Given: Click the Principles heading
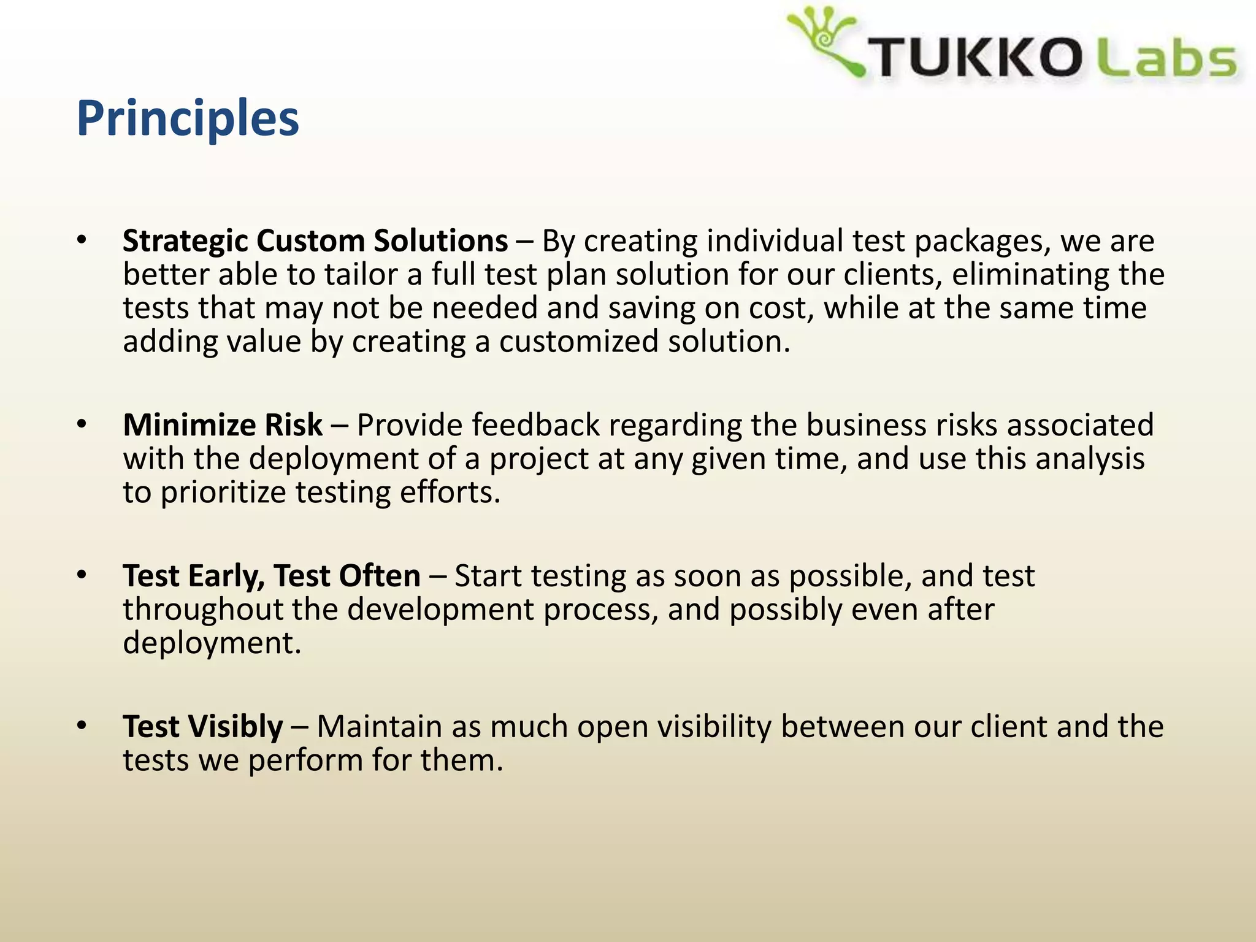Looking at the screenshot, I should [x=188, y=118].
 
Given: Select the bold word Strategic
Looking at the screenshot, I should [x=185, y=241].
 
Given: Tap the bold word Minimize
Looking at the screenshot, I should [x=188, y=425].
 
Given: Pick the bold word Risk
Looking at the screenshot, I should [x=293, y=425].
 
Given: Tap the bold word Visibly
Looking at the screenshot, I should [x=235, y=727].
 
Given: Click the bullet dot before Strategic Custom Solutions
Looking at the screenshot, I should [x=82, y=240].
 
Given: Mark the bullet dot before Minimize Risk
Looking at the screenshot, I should [x=82, y=424].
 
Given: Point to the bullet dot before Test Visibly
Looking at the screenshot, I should [x=82, y=726].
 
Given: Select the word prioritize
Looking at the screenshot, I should [x=223, y=492].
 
